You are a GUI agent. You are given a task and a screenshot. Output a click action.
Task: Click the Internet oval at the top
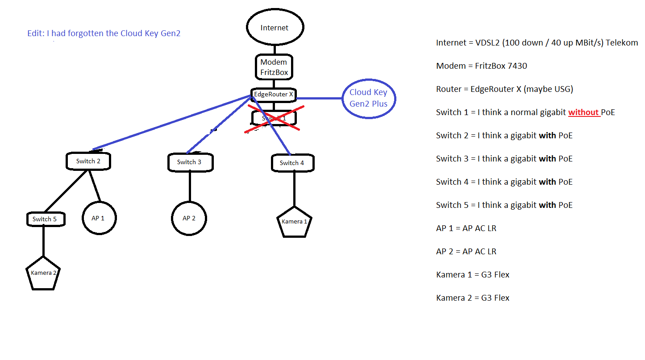pos(275,27)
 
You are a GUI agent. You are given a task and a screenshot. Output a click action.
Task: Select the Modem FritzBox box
pos(274,67)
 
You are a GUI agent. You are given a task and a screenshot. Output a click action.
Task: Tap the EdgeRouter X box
pos(274,95)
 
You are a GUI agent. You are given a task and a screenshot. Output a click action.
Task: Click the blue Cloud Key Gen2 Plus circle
pos(368,98)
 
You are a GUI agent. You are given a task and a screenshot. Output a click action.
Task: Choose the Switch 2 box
pos(88,161)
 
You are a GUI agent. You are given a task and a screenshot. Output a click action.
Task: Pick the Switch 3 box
pos(190,162)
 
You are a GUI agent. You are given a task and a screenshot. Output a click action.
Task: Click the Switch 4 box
pos(292,163)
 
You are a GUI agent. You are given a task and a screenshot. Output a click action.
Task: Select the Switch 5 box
pos(45,219)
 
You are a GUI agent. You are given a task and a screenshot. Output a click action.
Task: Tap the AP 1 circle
pos(98,219)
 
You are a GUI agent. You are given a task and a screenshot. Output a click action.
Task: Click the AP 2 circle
pos(189,219)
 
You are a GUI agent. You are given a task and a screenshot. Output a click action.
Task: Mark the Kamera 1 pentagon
pos(294,222)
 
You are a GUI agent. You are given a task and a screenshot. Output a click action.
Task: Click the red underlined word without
pos(583,112)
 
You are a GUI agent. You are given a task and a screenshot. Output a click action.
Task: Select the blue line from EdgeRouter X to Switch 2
pos(172,122)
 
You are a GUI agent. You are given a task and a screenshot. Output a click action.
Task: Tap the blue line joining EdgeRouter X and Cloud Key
pos(319,98)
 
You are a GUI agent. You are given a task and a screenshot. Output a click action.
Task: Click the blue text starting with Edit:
pos(104,33)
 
